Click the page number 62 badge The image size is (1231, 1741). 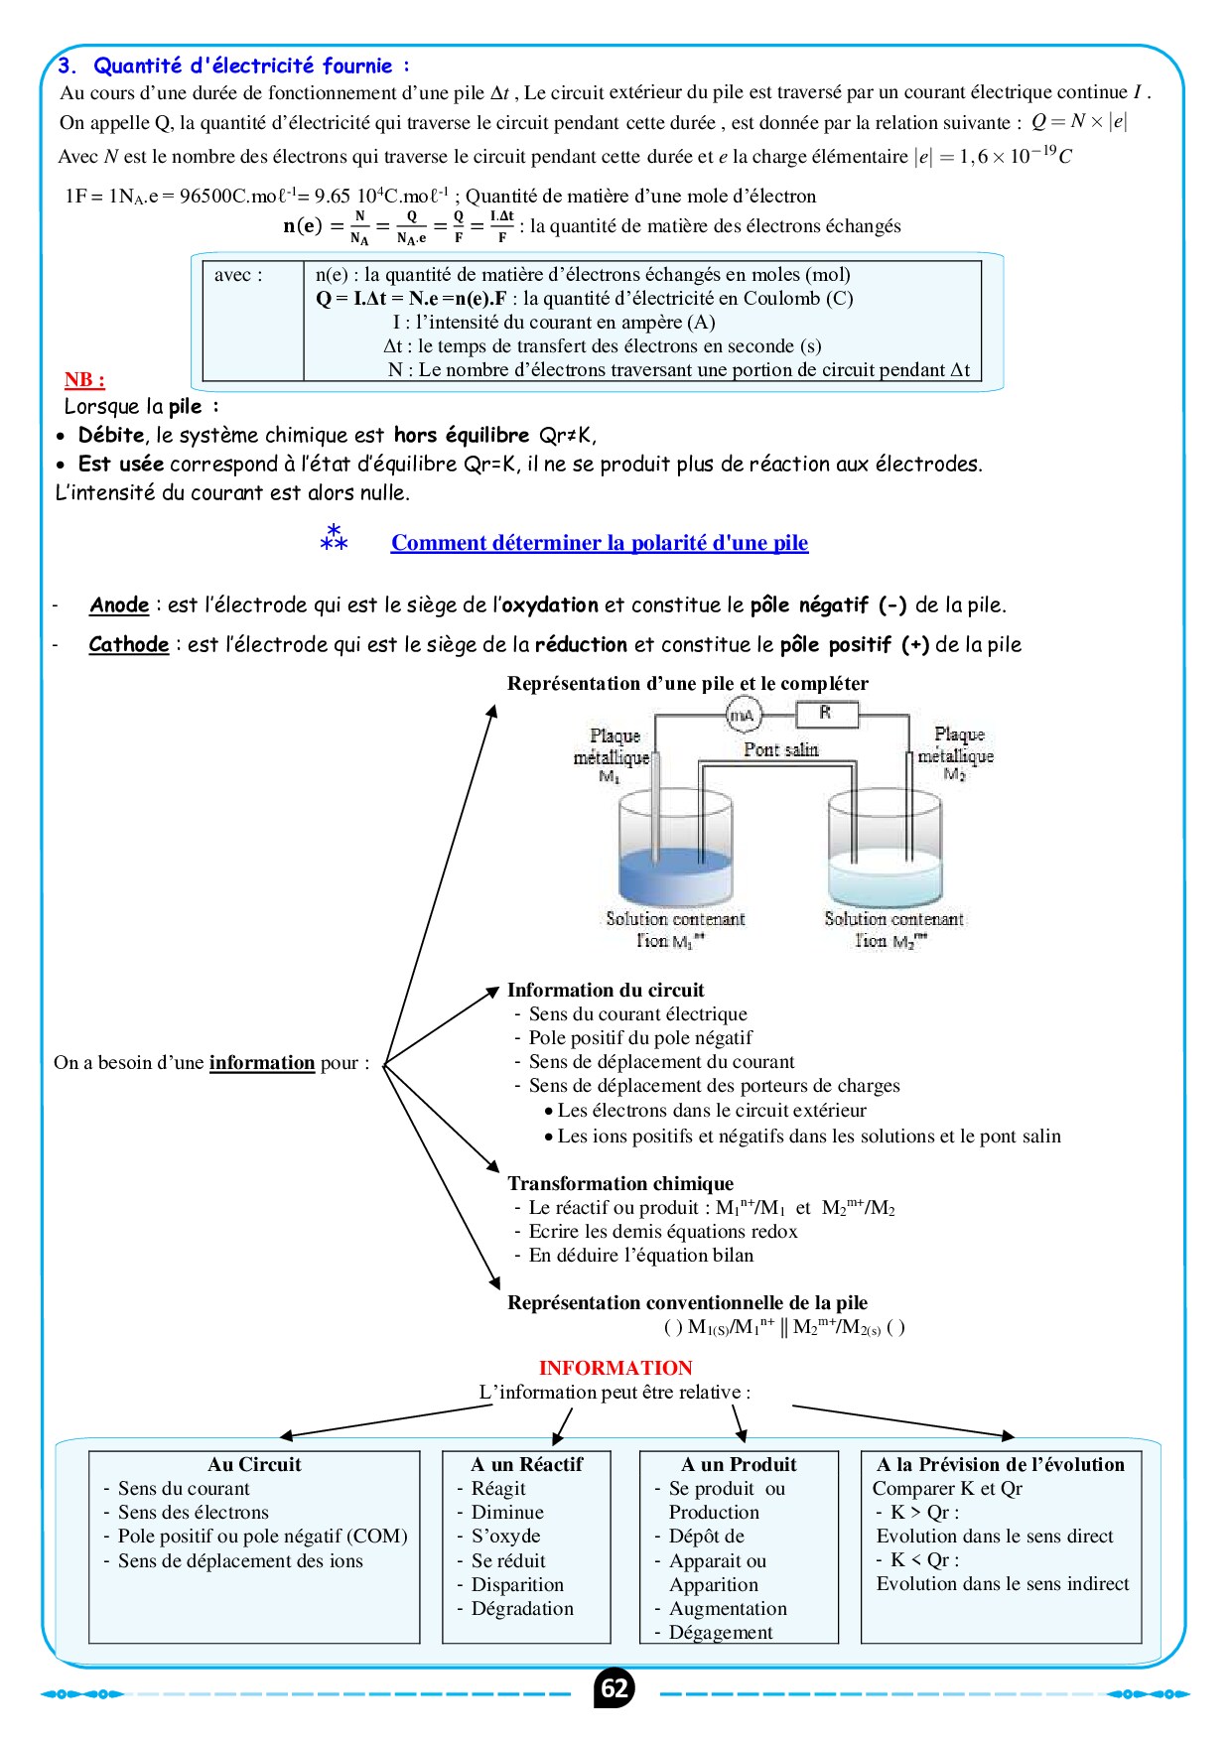(x=615, y=1688)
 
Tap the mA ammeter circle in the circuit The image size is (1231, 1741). (x=743, y=715)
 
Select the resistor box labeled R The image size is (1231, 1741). (x=826, y=714)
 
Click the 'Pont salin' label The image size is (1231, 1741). (x=781, y=749)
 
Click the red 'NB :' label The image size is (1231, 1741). (x=84, y=379)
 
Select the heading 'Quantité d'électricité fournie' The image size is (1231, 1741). (x=243, y=67)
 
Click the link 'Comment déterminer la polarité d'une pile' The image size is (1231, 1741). (x=600, y=543)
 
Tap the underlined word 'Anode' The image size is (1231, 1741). (x=119, y=605)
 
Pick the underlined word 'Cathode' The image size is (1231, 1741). (x=129, y=645)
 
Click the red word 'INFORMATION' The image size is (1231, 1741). (x=615, y=1368)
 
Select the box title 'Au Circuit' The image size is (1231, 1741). (x=254, y=1464)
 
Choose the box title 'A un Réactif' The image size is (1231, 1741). (x=526, y=1464)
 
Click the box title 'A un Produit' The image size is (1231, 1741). (x=739, y=1464)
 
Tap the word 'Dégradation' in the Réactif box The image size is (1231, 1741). (x=522, y=1608)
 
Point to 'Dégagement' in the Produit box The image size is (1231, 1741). (x=721, y=1632)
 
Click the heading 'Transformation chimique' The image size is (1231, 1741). (x=620, y=1183)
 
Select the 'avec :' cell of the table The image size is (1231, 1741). (x=239, y=275)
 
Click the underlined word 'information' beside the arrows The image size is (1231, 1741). (x=262, y=1063)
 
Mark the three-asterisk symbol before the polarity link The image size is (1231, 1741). (x=334, y=538)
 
